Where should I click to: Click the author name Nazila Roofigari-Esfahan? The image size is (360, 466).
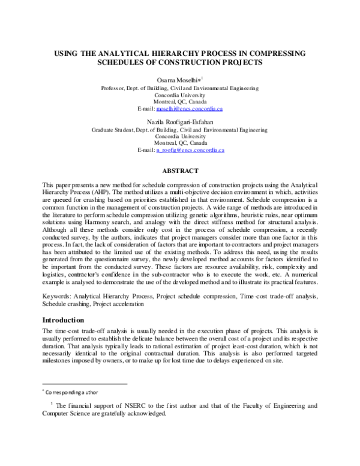(x=181, y=121)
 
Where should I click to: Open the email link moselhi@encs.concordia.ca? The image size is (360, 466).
(x=189, y=109)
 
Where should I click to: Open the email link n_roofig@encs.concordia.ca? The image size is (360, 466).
(x=190, y=151)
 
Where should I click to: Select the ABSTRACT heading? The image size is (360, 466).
(x=180, y=171)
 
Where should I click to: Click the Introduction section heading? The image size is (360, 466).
(x=66, y=320)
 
